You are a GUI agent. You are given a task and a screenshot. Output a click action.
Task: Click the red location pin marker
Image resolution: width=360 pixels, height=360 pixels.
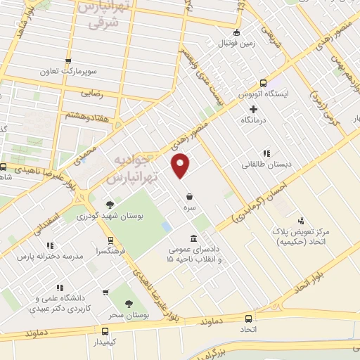pos(182,166)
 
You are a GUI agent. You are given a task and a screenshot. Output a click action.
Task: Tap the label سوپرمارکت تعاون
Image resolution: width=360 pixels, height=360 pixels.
pos(67,72)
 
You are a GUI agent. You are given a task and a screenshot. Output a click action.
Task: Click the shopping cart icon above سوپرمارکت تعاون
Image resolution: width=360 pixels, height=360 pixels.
pos(68,61)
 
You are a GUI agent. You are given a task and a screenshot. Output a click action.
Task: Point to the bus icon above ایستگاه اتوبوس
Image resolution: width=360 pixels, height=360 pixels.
pos(263,82)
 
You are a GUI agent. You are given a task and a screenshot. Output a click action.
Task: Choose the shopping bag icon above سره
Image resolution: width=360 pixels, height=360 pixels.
pos(190,196)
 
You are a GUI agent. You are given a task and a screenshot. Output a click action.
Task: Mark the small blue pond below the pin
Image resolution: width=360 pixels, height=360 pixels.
pos(166,228)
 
